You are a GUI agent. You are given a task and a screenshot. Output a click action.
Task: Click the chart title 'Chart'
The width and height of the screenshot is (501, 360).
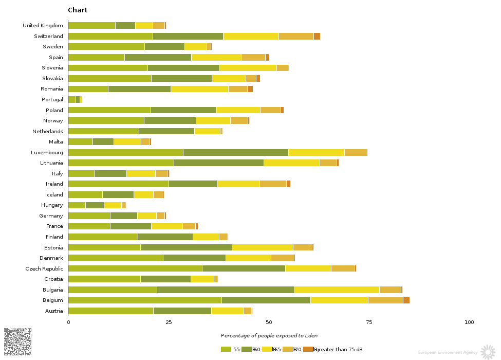[x=78, y=10]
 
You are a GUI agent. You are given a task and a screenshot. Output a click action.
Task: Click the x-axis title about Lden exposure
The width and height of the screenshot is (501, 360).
[x=269, y=336]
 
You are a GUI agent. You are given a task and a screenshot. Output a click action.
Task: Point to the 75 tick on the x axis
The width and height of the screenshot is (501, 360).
[x=369, y=322]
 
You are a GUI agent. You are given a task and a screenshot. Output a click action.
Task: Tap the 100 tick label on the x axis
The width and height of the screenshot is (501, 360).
[x=469, y=322]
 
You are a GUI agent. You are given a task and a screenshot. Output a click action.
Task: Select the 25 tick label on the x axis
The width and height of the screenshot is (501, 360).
[x=169, y=322]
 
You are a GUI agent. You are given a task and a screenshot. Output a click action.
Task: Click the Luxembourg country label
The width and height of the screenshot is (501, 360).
[x=47, y=153]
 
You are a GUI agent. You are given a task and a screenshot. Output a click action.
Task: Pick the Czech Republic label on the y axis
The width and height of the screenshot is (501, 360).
[x=44, y=268]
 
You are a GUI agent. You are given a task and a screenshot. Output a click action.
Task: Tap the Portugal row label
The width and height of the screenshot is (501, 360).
[x=52, y=100]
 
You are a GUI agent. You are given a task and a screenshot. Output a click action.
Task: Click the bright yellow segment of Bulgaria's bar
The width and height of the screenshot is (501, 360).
[x=337, y=290]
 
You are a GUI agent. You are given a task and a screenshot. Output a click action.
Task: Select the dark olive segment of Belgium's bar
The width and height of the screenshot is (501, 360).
[x=266, y=300]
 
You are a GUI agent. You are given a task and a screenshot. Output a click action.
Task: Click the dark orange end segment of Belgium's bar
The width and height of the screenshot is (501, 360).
[x=406, y=300]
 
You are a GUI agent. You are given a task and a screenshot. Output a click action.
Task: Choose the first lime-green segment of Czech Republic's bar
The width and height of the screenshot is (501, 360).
[x=135, y=268]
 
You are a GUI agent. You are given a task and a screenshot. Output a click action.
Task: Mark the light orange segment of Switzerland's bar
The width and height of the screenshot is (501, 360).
[x=296, y=36]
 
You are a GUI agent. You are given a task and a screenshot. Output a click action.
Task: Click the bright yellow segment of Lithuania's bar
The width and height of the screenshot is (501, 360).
[x=291, y=163]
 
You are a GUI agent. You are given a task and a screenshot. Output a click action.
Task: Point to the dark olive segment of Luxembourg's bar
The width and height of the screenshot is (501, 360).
[x=235, y=153]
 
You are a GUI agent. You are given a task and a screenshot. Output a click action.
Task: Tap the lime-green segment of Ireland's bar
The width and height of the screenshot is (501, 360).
[x=118, y=184]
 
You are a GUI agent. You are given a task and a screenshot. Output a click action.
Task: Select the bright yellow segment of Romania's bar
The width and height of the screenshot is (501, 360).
[x=199, y=89]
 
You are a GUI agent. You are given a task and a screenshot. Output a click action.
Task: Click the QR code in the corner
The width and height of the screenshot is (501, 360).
[x=17, y=341]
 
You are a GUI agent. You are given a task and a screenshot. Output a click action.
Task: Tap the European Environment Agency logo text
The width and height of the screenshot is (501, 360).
[x=448, y=353]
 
